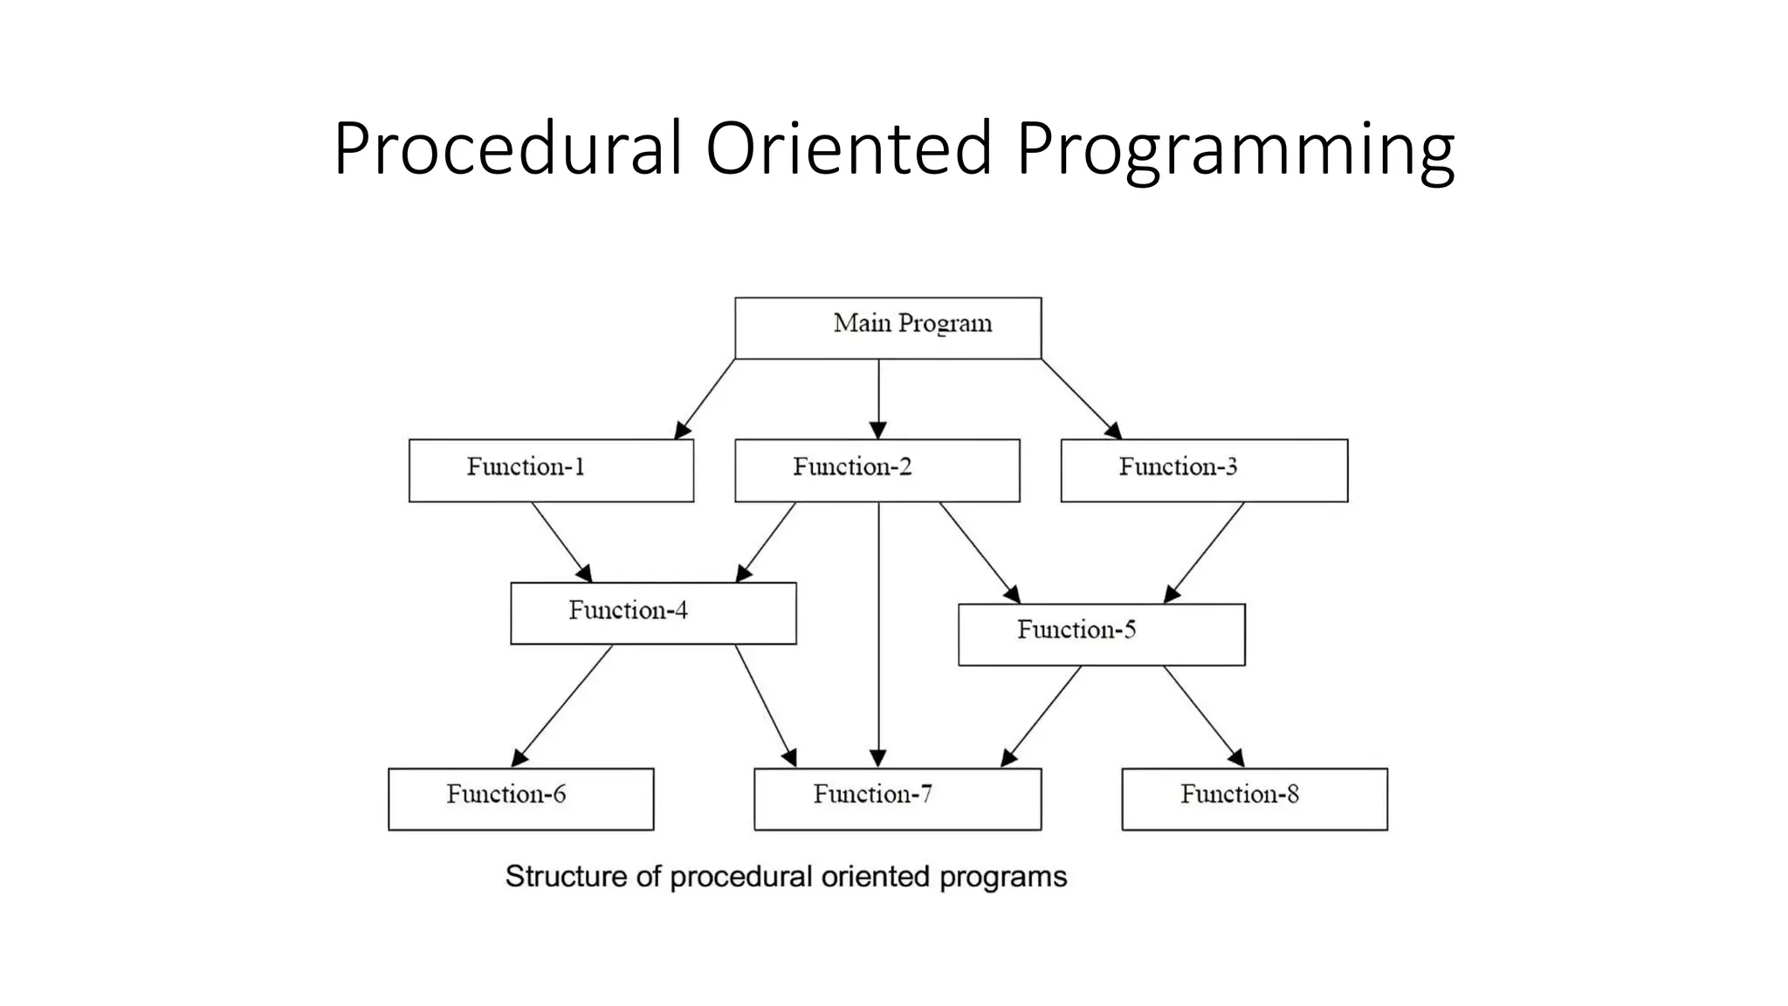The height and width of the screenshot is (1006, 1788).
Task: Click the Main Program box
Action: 888,327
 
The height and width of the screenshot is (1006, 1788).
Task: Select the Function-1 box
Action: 551,470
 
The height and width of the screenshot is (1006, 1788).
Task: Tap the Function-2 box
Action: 877,470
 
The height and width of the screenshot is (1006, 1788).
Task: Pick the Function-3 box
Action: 1204,470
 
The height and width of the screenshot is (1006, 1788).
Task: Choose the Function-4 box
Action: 653,613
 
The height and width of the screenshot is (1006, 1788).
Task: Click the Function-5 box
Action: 1101,634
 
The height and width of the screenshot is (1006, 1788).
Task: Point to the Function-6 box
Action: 520,798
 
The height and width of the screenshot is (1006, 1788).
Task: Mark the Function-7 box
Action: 897,798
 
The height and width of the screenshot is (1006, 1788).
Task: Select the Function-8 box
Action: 1254,798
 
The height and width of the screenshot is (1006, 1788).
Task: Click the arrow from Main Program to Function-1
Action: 705,398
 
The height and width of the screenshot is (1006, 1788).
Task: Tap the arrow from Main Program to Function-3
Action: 1081,398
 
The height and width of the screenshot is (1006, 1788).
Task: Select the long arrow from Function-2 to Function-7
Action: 878,637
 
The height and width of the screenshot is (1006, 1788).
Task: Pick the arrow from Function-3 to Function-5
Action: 1204,552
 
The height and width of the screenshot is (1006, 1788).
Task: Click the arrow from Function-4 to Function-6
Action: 563,705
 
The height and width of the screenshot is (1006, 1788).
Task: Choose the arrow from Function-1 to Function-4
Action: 561,541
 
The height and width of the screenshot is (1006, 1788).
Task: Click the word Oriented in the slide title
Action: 848,148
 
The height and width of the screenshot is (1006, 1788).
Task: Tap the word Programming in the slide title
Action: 1234,150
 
